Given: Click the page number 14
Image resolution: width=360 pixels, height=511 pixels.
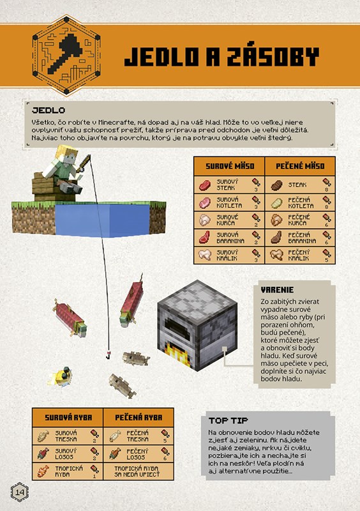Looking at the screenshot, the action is pyautogui.click(x=20, y=492).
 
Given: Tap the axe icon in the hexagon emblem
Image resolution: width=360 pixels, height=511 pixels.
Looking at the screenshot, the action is pyautogui.click(x=66, y=54).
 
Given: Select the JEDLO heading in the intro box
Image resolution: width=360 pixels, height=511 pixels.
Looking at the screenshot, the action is pyautogui.click(x=49, y=110).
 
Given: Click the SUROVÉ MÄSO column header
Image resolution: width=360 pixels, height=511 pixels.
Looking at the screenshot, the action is pyautogui.click(x=230, y=166).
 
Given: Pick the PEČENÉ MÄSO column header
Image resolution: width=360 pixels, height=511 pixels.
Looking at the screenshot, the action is pyautogui.click(x=300, y=166).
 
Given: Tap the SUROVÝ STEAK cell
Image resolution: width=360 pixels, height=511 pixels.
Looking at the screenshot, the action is pyautogui.click(x=230, y=185).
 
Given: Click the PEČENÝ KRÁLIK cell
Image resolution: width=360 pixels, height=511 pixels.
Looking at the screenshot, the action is pyautogui.click(x=300, y=255).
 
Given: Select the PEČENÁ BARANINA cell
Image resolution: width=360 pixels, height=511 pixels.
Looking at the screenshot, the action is pyautogui.click(x=300, y=238).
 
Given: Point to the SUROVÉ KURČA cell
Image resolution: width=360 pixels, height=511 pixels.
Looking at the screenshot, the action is pyautogui.click(x=230, y=220).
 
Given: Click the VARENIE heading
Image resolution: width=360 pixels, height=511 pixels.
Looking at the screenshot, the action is pyautogui.click(x=277, y=290).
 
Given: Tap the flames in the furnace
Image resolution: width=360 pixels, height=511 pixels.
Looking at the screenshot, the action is pyautogui.click(x=175, y=354).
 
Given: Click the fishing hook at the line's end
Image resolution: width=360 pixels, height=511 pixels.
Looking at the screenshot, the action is pyautogui.click(x=107, y=355).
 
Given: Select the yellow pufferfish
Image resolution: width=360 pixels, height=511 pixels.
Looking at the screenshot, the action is pyautogui.click(x=61, y=377).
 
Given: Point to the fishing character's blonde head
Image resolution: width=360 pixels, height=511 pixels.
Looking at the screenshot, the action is pyautogui.click(x=67, y=155).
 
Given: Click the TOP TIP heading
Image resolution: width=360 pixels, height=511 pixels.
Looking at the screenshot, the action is pyautogui.click(x=229, y=420).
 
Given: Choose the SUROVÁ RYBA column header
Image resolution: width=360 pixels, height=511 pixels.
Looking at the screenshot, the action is pyautogui.click(x=68, y=418).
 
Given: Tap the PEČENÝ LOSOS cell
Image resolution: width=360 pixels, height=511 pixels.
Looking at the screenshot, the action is pyautogui.click(x=139, y=454).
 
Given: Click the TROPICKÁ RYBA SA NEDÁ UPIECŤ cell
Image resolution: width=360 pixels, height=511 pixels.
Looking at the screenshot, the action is pyautogui.click(x=139, y=471).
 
